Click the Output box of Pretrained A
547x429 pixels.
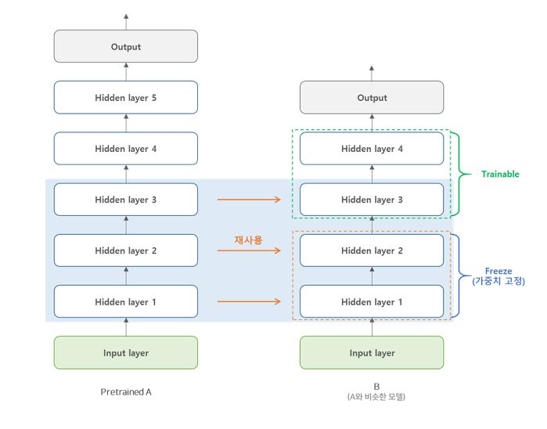pos(126,47)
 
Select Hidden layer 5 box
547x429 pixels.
pos(126,98)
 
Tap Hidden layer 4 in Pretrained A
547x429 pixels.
pos(126,149)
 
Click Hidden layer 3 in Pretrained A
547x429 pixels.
pos(126,200)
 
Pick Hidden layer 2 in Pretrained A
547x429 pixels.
pos(126,251)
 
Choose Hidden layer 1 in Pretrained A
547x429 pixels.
pos(126,301)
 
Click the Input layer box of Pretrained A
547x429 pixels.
pos(126,353)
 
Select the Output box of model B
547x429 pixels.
pos(372,98)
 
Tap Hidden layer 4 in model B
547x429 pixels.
pos(372,149)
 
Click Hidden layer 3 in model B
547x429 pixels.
pos(372,200)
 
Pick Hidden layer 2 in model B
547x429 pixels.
pos(372,251)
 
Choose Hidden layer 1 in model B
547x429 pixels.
pos(372,301)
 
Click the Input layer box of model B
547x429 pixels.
pos(372,353)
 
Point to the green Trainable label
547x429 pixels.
pos(500,174)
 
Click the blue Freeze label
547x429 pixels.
pos(498,271)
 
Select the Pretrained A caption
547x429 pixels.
pos(126,391)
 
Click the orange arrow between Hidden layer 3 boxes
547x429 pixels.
pos(248,200)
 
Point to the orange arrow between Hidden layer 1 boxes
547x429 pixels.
pos(248,301)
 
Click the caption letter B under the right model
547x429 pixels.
pos(376,386)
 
